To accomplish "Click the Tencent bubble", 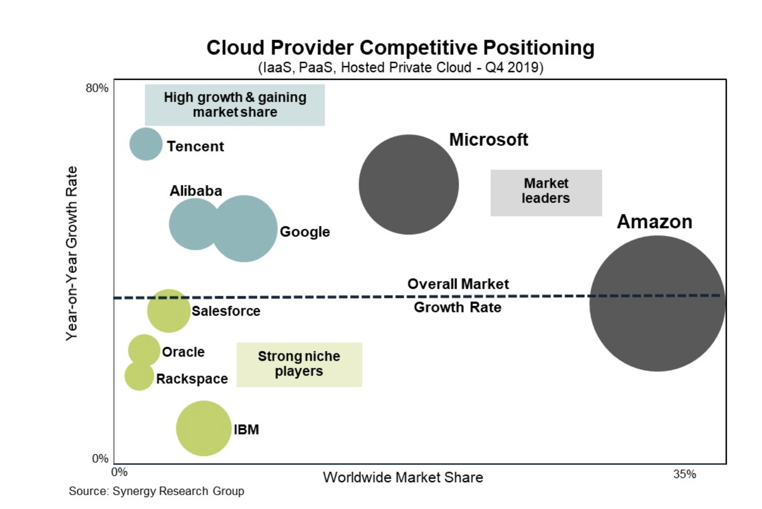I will point(146,144).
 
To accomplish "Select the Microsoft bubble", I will point(409,184).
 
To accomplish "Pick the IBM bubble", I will point(204,428).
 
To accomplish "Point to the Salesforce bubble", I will point(169,311).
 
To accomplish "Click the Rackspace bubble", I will point(139,376).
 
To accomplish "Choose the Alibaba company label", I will point(196,191).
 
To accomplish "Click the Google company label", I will point(305,232).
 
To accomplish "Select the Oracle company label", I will point(183,352).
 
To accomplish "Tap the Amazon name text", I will point(655,222).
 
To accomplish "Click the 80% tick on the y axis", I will point(97,88).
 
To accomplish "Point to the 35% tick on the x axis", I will point(685,474).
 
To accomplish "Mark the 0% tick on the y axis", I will point(100,459).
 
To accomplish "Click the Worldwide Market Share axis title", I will point(403,477).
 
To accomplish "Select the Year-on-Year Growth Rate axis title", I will point(72,253).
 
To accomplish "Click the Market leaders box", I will point(546,192).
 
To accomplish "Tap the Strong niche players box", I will point(299,364).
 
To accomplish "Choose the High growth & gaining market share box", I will point(235,105).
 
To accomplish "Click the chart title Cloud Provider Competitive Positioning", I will point(400,48).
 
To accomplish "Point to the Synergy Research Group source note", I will point(157,491).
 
